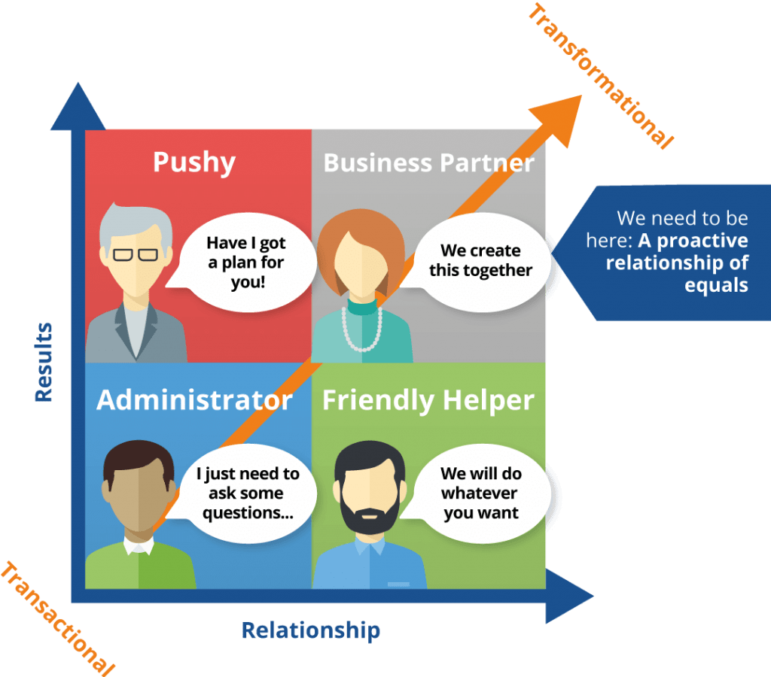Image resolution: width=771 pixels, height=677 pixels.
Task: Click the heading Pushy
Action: click(x=194, y=162)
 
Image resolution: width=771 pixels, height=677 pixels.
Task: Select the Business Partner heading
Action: click(x=428, y=163)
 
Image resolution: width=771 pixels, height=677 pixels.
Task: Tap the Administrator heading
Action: click(x=194, y=400)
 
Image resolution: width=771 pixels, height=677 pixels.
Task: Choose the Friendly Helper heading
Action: click(x=429, y=400)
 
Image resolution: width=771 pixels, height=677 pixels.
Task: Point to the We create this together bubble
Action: click(x=480, y=260)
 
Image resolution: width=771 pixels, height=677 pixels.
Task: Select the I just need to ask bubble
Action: click(x=247, y=494)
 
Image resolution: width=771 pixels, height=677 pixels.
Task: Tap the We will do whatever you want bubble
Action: click(x=480, y=493)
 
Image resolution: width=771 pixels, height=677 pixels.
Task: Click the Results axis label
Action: click(x=44, y=361)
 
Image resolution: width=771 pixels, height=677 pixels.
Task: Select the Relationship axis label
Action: click(x=310, y=630)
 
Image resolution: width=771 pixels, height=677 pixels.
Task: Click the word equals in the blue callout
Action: click(x=716, y=286)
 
